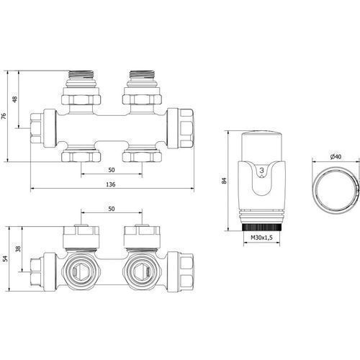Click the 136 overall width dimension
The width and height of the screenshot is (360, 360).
coord(111,184)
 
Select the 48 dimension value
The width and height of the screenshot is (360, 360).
coord(15,99)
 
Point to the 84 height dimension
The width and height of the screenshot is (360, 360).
coord(225,181)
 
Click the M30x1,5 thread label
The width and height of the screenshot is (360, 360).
coord(261,238)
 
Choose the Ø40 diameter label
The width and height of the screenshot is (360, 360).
coord(336,157)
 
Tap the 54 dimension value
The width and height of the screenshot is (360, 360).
coord(6,258)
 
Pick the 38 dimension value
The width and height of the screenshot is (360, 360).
coord(18,249)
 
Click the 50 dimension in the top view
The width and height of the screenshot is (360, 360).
coord(112,170)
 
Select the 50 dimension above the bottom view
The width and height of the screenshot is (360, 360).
coord(112,209)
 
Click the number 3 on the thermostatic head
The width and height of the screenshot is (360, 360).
coord(262,170)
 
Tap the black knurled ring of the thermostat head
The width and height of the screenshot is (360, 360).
coord(262,228)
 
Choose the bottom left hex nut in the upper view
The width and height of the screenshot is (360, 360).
coord(81,156)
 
